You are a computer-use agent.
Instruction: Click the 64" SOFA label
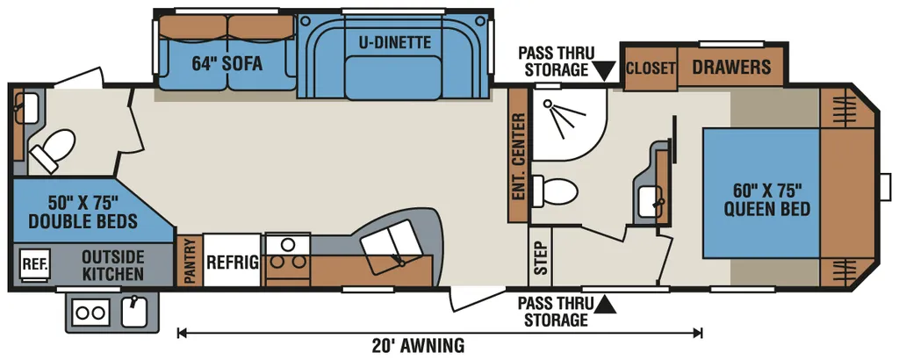(x=227, y=63)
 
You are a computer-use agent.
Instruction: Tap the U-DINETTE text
(x=395, y=41)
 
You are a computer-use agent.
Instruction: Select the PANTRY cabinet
(x=190, y=260)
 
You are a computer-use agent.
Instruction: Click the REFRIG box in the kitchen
(x=232, y=260)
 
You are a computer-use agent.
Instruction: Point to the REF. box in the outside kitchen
(x=35, y=264)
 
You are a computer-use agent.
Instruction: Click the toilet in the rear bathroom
(x=53, y=150)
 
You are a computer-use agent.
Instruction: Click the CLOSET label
(x=651, y=68)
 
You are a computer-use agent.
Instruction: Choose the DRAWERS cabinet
(x=731, y=67)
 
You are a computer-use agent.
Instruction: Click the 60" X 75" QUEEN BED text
(x=766, y=199)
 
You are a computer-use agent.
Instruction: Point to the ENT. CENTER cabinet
(x=518, y=156)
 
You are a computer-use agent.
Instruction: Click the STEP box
(x=540, y=256)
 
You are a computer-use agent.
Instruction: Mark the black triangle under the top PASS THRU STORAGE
(x=603, y=72)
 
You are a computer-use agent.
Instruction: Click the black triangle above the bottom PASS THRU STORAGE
(x=605, y=304)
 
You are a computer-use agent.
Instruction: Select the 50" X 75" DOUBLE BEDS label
(x=83, y=212)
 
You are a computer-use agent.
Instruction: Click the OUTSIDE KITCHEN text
(x=112, y=265)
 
